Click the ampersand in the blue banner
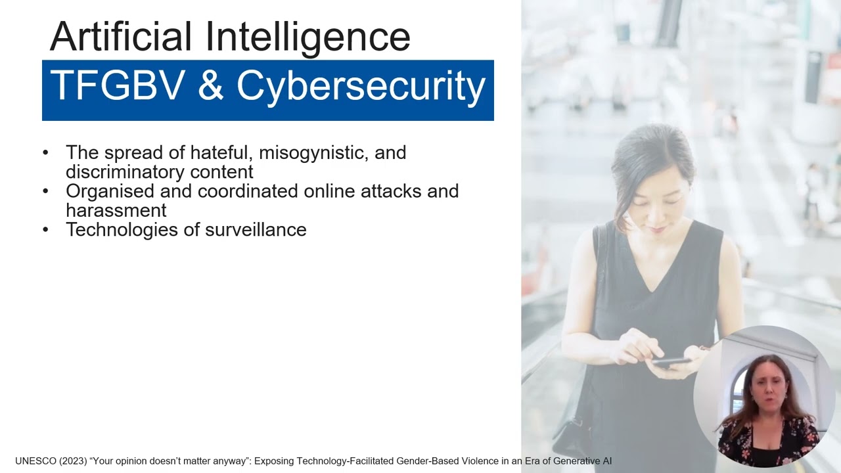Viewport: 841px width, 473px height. coord(210,86)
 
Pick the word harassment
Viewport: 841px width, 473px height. coord(116,210)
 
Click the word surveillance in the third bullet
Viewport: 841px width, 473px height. coord(256,229)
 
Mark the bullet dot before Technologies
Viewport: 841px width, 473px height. coord(45,229)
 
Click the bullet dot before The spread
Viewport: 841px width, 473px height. coord(45,152)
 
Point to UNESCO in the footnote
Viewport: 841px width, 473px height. coord(35,461)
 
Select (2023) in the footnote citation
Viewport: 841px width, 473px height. coord(73,461)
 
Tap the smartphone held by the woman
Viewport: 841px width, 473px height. coord(670,362)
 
